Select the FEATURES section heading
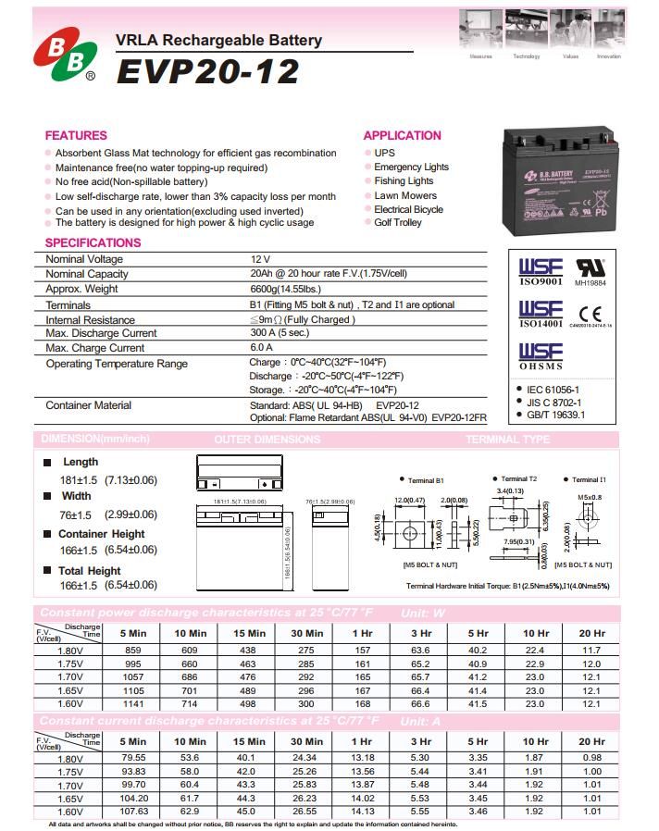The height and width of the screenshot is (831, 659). tap(76, 135)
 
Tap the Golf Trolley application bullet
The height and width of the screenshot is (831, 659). tap(398, 223)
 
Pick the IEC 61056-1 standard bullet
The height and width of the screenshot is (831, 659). tap(553, 390)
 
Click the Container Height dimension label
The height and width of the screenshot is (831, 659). tap(101, 534)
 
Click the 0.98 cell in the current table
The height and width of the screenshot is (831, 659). tap(591, 759)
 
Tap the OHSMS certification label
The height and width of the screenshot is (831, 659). tap(540, 367)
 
